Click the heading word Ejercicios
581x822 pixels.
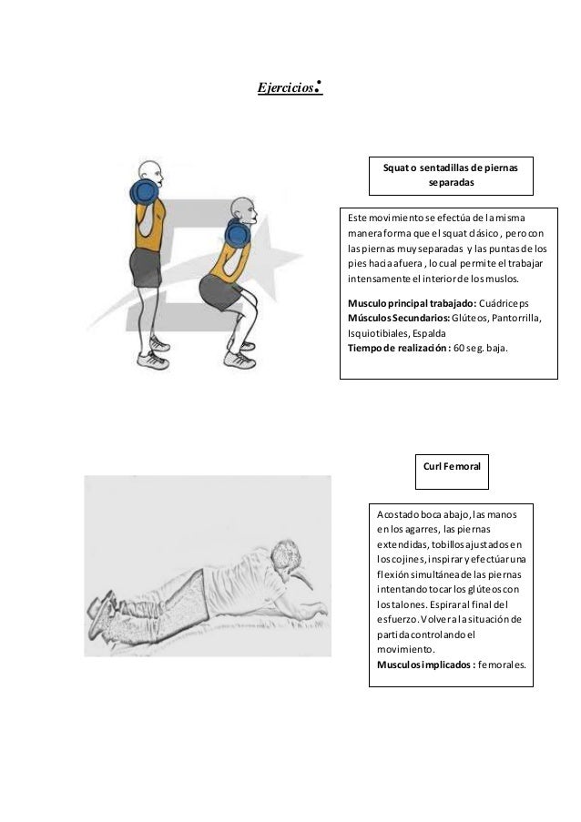click(x=284, y=89)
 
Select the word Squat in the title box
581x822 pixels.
click(x=396, y=167)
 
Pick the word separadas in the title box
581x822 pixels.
click(x=450, y=181)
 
